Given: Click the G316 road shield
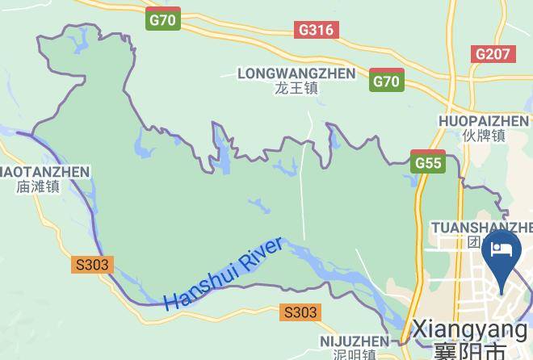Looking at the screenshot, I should [317, 30].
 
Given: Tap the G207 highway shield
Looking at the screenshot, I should [492, 54].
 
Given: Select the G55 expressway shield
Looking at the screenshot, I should [428, 162].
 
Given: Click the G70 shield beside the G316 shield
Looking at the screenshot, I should [163, 19].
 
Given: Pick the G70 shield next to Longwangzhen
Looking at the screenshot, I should [387, 80].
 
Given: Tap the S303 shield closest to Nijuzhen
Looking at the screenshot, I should [300, 312].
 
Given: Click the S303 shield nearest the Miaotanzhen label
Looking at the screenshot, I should [91, 265].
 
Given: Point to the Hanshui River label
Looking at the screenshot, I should [223, 274].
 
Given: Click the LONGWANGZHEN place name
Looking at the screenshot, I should [296, 73].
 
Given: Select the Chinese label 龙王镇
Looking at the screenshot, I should [296, 88].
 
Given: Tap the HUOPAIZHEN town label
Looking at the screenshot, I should [484, 121].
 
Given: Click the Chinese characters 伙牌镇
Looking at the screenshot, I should [484, 136].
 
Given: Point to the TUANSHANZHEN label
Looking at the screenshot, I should [482, 227].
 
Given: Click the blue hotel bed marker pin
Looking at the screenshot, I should [502, 252].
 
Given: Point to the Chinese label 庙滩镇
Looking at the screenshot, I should [37, 186].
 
